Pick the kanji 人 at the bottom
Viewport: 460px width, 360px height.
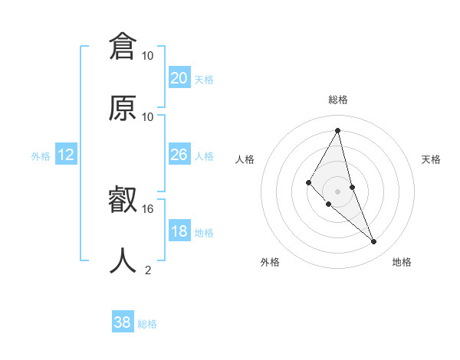pos(123,260)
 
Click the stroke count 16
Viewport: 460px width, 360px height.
pos(148,208)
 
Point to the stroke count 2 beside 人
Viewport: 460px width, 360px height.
pos(148,270)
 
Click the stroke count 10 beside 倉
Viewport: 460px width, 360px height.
pos(148,56)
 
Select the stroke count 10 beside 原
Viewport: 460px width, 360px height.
pos(148,116)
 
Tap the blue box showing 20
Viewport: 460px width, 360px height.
pos(179,78)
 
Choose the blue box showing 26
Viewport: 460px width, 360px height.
pos(179,155)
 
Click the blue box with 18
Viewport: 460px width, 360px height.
pos(179,231)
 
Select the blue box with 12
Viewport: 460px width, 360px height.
pos(66,155)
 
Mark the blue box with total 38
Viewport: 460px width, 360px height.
pos(123,322)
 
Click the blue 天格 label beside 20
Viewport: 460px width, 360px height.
pos(204,80)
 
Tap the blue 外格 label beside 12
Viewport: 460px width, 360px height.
pos(41,156)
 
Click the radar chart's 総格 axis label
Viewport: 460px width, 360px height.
pos(338,100)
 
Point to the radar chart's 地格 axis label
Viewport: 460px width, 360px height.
pos(402,262)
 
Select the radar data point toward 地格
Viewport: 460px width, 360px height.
pos(374,242)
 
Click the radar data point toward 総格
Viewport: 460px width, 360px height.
pos(338,129)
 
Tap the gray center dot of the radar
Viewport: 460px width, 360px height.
pos(338,191)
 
